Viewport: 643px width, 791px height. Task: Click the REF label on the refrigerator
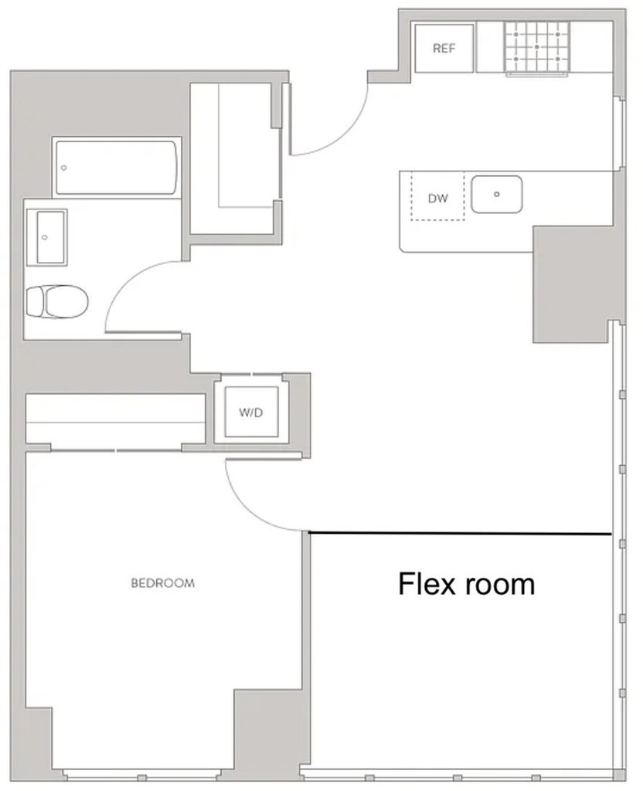444,49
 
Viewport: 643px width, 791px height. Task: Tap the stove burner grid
536,47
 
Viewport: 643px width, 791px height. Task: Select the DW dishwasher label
437,199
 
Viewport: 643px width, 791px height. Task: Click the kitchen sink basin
497,194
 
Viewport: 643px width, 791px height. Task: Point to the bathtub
117,168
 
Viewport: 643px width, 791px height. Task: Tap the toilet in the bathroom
56,302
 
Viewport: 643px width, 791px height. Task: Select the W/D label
251,412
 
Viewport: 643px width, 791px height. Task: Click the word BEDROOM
162,583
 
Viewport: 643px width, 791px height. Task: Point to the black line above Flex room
460,533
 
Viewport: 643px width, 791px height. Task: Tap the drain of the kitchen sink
497,194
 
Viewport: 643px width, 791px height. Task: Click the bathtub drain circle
63,168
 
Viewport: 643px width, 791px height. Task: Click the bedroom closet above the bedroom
116,419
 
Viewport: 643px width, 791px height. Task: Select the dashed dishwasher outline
437,195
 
